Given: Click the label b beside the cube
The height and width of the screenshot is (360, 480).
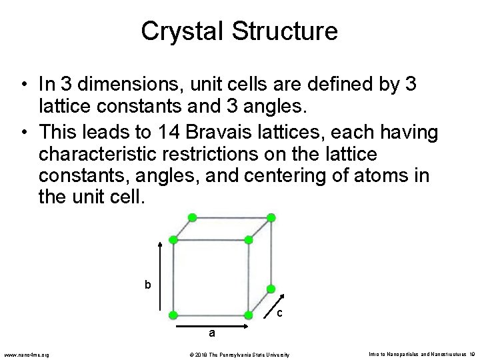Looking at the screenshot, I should [148, 285].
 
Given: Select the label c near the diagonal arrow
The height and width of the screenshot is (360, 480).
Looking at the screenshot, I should [279, 313].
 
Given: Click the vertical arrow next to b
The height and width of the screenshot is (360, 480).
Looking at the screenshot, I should [160, 275].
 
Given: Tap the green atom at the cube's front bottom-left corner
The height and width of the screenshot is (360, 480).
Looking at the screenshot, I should [173, 315].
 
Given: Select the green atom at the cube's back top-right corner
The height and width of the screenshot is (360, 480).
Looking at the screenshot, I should [271, 217].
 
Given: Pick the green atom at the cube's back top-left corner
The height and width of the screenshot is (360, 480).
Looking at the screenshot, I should [193, 217].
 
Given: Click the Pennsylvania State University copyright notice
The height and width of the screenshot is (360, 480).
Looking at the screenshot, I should [240, 354].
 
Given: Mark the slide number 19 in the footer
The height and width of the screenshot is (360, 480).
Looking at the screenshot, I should [471, 354].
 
